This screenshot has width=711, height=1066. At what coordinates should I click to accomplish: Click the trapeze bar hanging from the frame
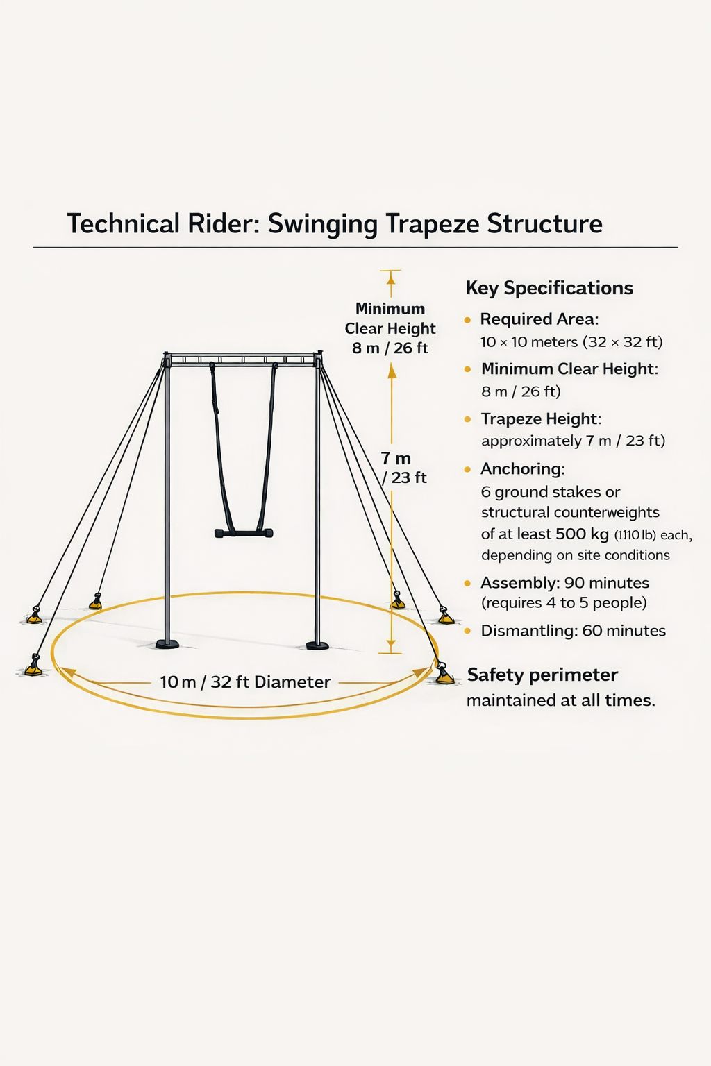tap(244, 533)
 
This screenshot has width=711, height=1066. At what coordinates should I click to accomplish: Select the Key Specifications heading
tap(549, 288)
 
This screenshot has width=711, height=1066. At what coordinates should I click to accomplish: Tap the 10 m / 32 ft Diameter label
tap(245, 682)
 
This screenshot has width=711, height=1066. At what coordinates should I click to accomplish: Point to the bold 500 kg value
tap(582, 534)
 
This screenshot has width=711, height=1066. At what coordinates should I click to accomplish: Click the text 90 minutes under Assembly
tap(606, 583)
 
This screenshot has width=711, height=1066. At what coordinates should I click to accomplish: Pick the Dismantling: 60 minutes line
tap(573, 631)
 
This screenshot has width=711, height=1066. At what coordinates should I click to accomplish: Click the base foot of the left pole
tap(167, 643)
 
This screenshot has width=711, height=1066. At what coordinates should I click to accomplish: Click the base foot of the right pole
tap(317, 645)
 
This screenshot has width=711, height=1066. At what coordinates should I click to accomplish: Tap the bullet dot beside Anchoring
tap(467, 470)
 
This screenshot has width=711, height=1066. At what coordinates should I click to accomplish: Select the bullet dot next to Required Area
tap(467, 320)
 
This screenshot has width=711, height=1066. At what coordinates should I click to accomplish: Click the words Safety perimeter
tap(542, 675)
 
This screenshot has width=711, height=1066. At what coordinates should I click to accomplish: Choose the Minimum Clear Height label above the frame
tap(390, 328)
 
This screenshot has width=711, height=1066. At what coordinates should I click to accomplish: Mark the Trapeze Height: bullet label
tap(541, 419)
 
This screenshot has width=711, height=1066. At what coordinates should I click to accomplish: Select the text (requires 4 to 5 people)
tap(564, 603)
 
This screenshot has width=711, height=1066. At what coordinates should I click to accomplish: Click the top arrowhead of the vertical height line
tap(391, 277)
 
